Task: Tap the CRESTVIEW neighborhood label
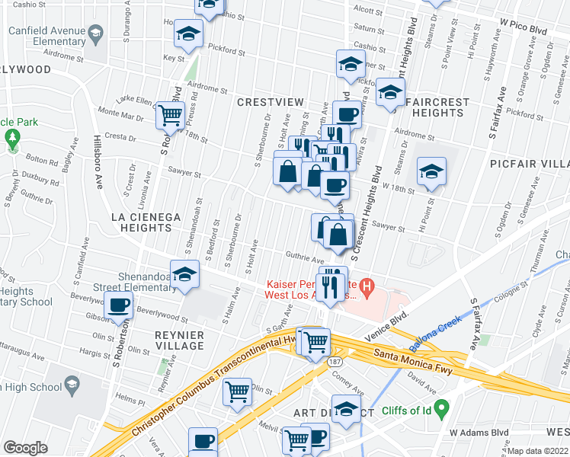[x=271, y=102]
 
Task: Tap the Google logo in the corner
[x=25, y=448]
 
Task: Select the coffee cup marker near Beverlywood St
[x=118, y=305]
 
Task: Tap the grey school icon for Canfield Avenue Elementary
[x=95, y=33]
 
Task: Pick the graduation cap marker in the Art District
[x=347, y=410]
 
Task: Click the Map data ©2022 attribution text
[x=538, y=451]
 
